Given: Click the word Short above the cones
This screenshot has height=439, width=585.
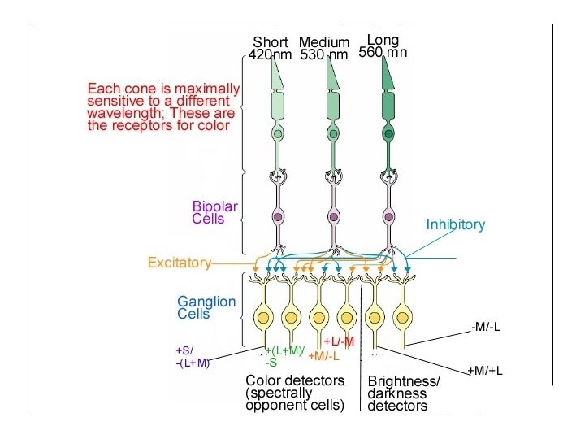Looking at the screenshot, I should (x=271, y=42).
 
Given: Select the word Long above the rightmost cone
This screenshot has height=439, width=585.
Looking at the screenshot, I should (x=383, y=40).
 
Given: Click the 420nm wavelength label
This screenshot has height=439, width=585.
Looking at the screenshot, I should (x=271, y=55).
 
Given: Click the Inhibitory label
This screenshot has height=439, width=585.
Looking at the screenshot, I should (x=455, y=224).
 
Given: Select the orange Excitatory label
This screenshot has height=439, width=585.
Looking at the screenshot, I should (x=179, y=263).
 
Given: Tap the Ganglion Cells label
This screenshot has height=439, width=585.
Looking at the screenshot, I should (x=206, y=307).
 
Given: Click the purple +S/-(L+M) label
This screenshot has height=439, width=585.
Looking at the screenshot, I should (x=193, y=357).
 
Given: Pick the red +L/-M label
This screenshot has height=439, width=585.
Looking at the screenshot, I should (x=339, y=341).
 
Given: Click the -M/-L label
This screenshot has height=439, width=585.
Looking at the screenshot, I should (x=486, y=327).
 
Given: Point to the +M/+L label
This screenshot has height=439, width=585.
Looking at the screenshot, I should (x=485, y=372).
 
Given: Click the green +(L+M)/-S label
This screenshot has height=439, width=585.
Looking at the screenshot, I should (x=284, y=356).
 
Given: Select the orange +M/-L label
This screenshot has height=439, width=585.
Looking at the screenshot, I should (x=324, y=356).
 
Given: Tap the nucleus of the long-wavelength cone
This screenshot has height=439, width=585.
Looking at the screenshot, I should (x=389, y=133).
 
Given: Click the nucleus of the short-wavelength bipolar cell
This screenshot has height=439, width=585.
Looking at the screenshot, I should (x=278, y=217).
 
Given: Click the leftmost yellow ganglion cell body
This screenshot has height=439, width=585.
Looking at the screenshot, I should (x=262, y=317).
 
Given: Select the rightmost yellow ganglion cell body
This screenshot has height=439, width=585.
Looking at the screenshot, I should (x=400, y=317).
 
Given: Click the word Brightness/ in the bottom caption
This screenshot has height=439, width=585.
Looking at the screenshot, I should (x=404, y=381).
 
